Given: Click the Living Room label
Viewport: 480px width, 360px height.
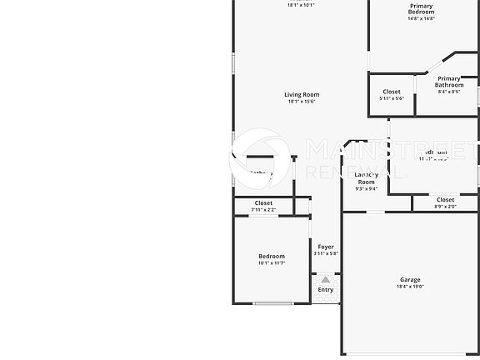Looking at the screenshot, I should pos(302,95).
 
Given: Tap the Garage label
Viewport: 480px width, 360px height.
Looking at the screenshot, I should pos(409,280).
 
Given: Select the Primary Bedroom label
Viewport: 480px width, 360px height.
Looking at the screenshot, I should pos(421,9).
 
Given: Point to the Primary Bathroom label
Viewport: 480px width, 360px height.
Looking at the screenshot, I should pos(449,81).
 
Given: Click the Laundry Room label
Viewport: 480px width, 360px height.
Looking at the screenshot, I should pos(366,178).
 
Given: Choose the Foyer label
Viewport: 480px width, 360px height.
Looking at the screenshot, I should pos(326,247).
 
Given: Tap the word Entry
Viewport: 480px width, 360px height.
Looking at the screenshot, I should pos(325,290).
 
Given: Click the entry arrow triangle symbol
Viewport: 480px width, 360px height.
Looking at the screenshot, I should pos(325,280).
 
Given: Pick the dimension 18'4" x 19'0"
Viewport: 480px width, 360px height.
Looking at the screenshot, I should pos(409,287).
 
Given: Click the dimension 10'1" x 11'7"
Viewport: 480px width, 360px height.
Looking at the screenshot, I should pos(272,263).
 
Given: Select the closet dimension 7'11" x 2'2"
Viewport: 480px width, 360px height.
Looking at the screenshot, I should pos(263,210).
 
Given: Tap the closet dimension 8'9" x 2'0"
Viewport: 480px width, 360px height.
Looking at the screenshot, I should pos(445,207).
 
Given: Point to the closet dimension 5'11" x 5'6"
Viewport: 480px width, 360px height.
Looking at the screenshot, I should pos(391,98).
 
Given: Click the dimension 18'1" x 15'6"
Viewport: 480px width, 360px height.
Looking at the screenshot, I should pos(302,102).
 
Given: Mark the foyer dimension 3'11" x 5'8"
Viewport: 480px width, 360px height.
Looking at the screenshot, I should pos(326,254).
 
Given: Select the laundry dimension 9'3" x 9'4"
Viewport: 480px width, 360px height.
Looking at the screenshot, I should pos(366,189).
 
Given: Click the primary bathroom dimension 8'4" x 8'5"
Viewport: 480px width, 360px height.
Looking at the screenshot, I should pos(449,92).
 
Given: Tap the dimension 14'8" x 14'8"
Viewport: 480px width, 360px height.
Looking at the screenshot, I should pos(421,19).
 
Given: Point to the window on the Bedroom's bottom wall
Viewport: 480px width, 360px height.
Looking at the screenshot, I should pos(272,304).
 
